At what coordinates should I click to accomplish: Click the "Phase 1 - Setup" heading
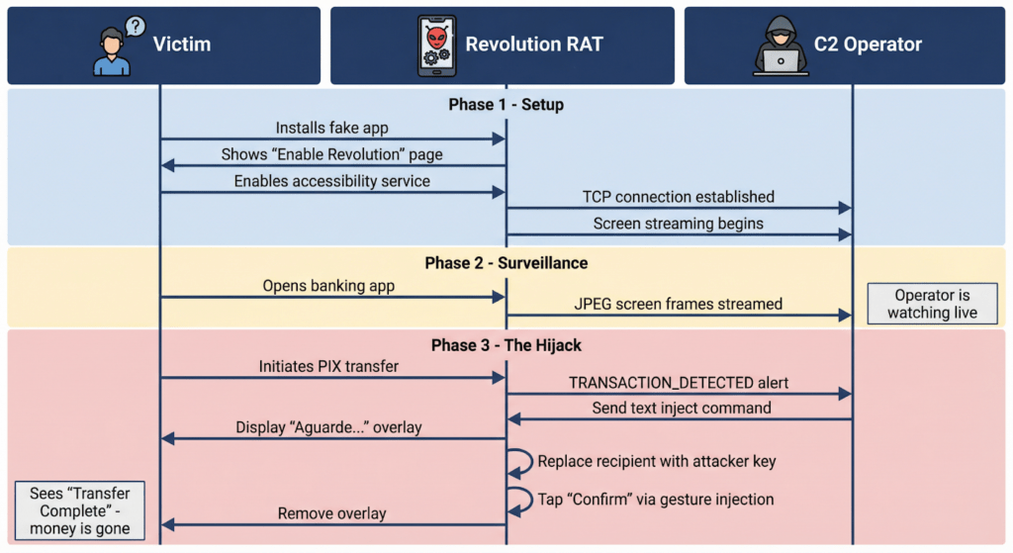[x=506, y=105]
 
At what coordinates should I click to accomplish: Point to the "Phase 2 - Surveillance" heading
[x=506, y=263]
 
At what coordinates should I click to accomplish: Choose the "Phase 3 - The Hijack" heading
[x=506, y=345]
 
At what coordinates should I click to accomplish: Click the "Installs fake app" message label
[x=331, y=128]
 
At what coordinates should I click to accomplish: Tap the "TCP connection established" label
[x=678, y=197]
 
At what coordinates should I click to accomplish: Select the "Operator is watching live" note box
[x=932, y=304]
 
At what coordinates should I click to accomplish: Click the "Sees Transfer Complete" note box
[x=79, y=511]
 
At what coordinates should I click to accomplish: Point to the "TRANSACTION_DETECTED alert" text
[x=678, y=383]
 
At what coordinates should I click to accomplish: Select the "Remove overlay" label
[x=331, y=513]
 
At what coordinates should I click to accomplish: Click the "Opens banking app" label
[x=328, y=286]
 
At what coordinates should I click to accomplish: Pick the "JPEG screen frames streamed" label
[x=678, y=304]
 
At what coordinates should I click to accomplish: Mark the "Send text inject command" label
[x=682, y=408]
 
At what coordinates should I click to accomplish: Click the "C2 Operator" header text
[x=868, y=45]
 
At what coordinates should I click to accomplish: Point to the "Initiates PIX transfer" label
[x=328, y=366]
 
